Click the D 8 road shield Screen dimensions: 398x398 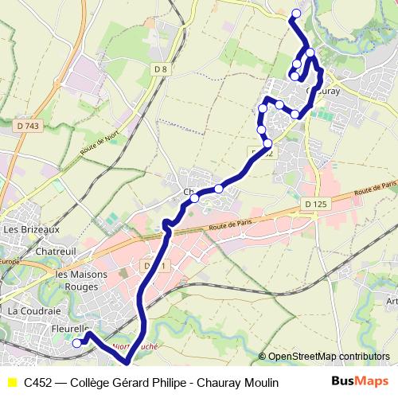pos(161,69)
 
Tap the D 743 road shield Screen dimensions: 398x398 pos(27,126)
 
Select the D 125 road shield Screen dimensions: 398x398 pos(315,205)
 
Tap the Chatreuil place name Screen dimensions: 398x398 pos(55,252)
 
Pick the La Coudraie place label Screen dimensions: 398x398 pos(34,310)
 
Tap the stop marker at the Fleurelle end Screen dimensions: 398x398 pos(77,343)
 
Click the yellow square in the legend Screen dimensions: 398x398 pos(11,383)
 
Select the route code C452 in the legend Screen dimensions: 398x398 pos(39,383)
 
